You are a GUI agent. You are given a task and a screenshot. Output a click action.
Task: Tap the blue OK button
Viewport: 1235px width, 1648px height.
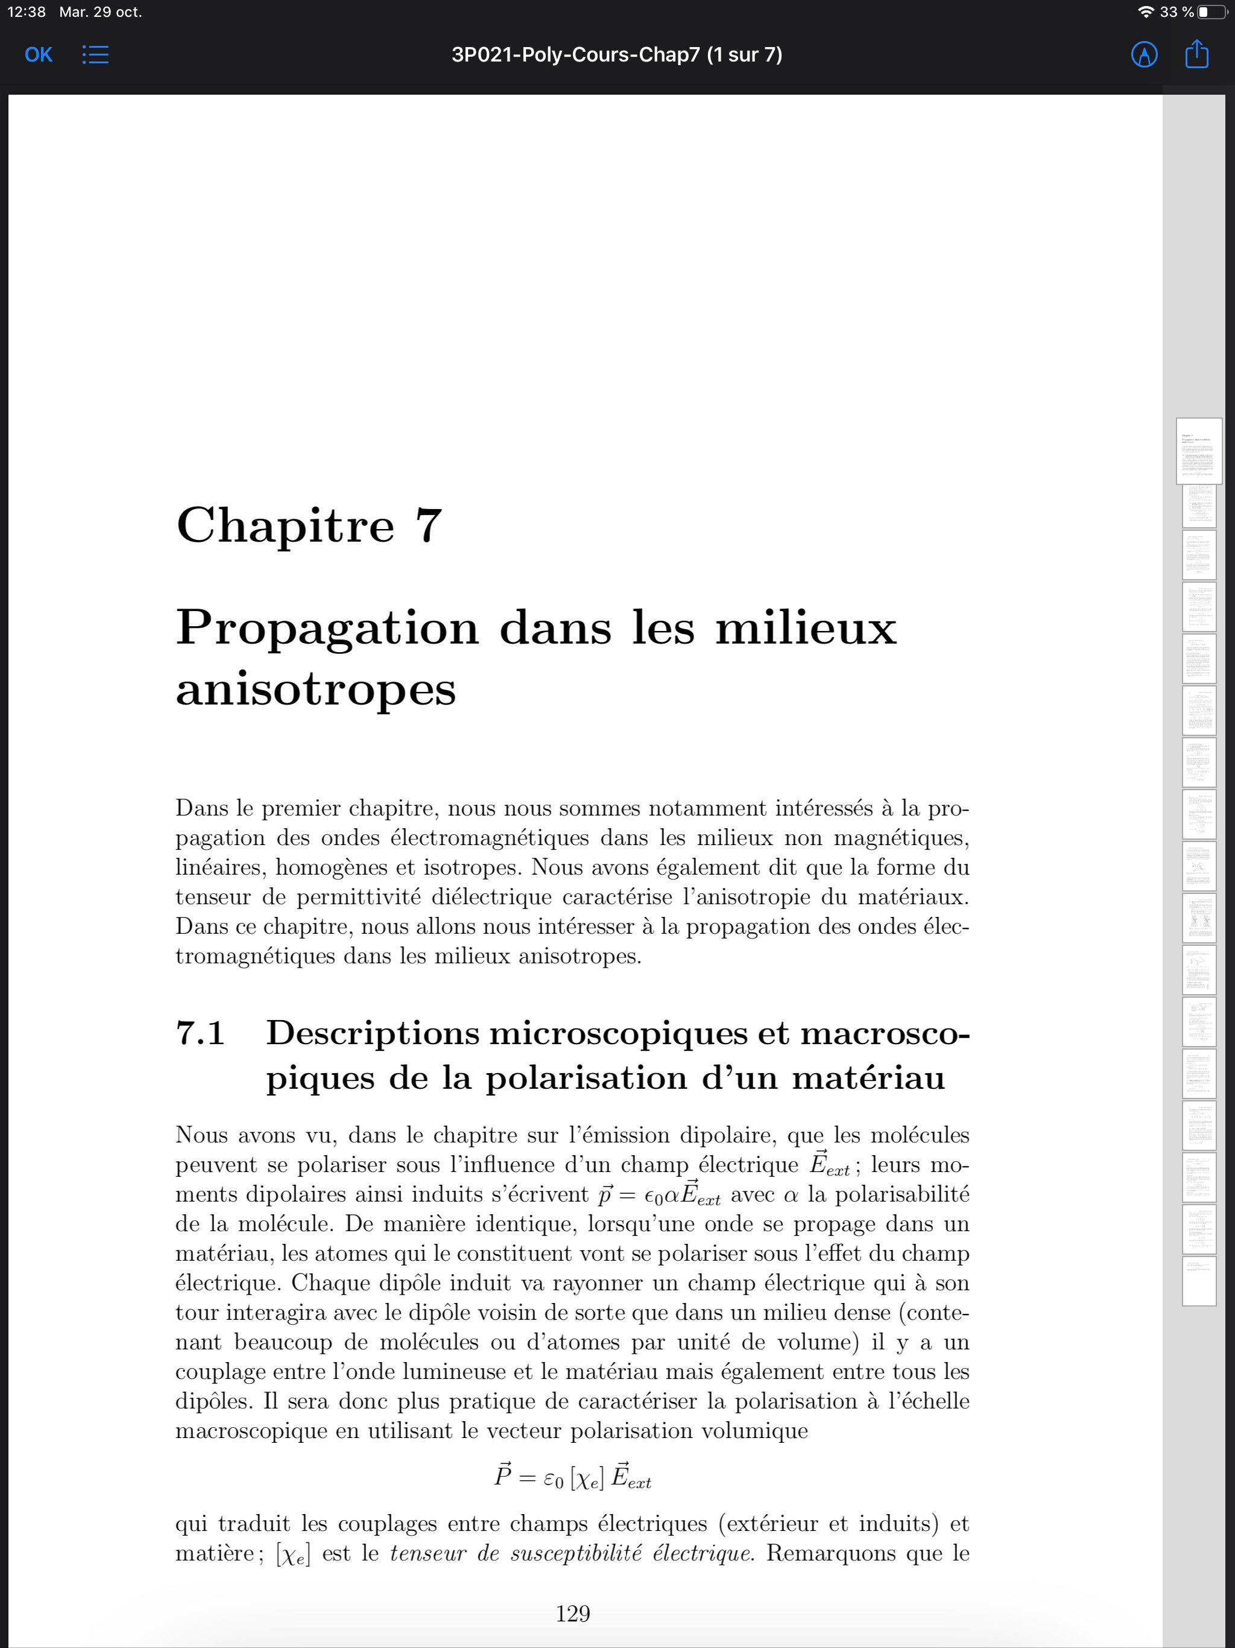[38, 54]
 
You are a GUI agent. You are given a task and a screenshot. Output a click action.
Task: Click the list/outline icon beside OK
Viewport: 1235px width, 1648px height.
[95, 54]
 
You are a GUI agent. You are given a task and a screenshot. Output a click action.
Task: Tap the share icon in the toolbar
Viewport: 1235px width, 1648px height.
[1196, 54]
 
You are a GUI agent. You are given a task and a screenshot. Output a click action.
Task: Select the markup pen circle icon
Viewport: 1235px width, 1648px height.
[1144, 54]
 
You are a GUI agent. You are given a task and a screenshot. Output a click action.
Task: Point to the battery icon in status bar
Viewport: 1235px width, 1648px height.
[1211, 12]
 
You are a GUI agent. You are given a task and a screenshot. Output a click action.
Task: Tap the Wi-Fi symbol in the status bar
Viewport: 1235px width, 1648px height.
[1146, 12]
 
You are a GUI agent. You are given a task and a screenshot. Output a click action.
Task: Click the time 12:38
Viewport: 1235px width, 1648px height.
[26, 12]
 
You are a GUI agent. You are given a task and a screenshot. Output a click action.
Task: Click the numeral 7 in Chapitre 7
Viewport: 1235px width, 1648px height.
[429, 525]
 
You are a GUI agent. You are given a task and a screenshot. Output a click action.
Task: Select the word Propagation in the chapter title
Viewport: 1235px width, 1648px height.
[327, 627]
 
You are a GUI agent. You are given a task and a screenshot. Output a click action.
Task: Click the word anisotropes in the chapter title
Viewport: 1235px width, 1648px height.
[316, 689]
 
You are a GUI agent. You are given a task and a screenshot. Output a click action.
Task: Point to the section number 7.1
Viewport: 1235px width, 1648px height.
[200, 1033]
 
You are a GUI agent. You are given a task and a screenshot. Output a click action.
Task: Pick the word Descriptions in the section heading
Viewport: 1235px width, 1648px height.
[373, 1033]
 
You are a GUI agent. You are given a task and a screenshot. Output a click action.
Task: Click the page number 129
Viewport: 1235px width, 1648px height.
[573, 1613]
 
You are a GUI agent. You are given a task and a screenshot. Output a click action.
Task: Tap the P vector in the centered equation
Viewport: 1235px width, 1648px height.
[504, 1475]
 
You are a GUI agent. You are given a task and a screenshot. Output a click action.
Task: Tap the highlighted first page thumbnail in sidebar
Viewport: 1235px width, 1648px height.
[1198, 451]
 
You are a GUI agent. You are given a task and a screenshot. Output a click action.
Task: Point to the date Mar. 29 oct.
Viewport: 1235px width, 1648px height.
[101, 12]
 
